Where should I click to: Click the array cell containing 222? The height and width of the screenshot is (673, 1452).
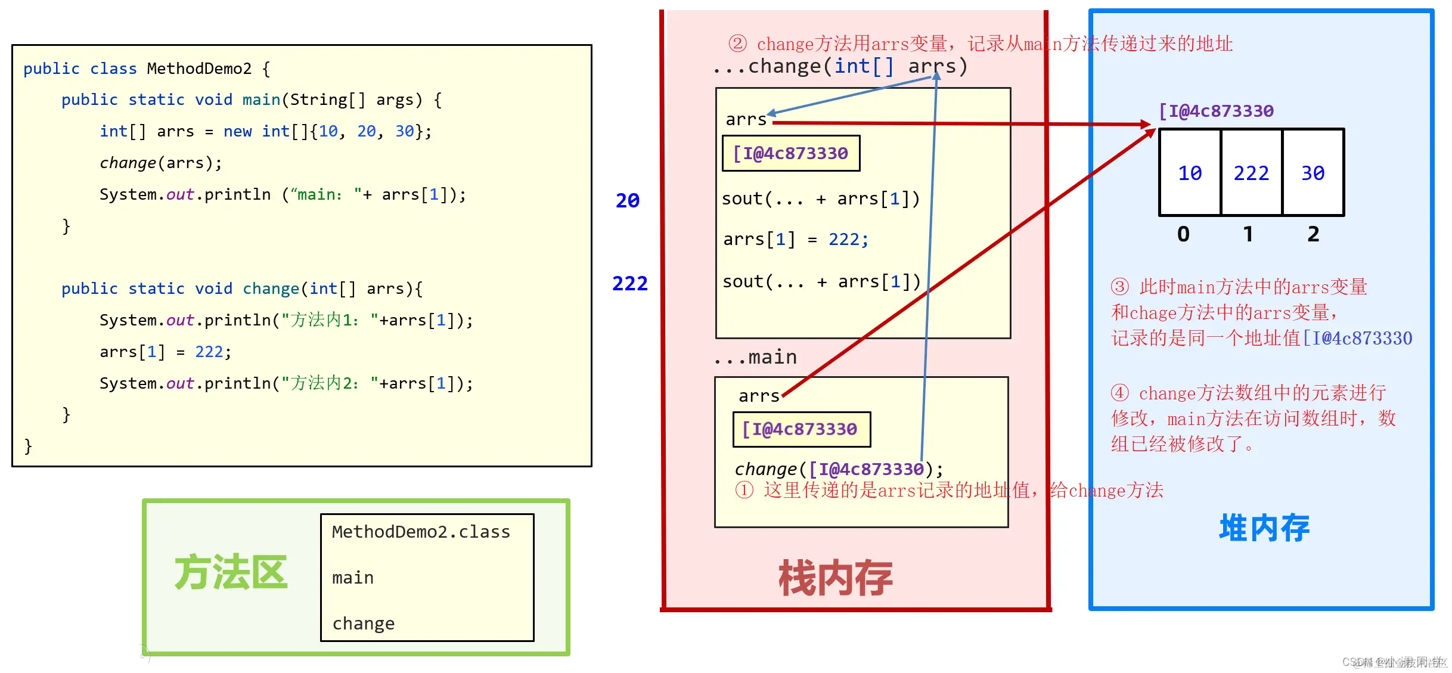[x=1251, y=173]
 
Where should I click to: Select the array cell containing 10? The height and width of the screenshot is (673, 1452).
[x=1190, y=173]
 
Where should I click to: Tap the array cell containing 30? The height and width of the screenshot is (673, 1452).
[x=1313, y=173]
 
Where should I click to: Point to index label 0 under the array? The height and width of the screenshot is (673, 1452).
[x=1184, y=234]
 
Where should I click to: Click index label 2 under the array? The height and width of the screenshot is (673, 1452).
[x=1313, y=234]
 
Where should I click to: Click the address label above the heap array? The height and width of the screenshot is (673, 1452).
[x=1216, y=111]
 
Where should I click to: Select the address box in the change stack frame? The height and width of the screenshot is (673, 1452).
[x=791, y=154]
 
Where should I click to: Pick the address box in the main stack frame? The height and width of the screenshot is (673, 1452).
[x=801, y=429]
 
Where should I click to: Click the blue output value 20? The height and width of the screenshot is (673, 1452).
[x=627, y=200]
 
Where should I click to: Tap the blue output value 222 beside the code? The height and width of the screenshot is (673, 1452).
[x=629, y=283]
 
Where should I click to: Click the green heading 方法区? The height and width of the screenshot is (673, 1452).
[x=231, y=572]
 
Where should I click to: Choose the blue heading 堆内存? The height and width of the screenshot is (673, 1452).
[x=1264, y=528]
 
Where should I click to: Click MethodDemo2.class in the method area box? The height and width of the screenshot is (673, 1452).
[x=421, y=532]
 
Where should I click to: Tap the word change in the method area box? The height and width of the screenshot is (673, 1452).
[x=363, y=624]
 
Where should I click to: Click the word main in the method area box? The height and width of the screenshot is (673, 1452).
[x=353, y=578]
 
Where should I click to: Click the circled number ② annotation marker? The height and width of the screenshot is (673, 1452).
[x=737, y=44]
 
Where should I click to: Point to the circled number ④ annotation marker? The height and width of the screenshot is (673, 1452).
[x=1119, y=393]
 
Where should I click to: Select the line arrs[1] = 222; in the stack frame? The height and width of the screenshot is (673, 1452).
[x=796, y=240]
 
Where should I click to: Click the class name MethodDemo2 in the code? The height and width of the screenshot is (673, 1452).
[x=199, y=69]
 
